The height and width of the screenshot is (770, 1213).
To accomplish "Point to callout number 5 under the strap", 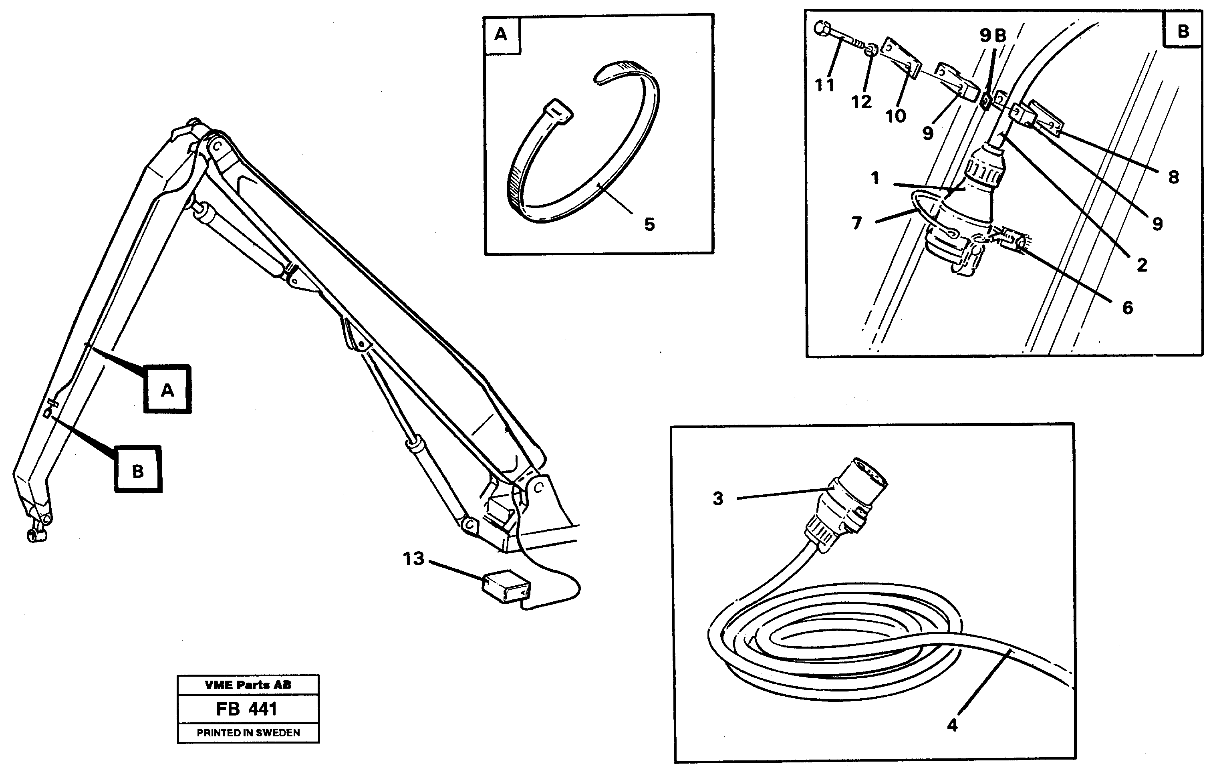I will pos(649,224).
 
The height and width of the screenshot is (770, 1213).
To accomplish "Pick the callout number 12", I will pos(861,102).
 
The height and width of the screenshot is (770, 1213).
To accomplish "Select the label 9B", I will pos(993,35).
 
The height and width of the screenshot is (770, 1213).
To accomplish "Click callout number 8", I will pos(1173,177).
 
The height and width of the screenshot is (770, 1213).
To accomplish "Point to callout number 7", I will pos(856,223).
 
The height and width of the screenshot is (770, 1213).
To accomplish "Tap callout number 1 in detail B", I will pos(875,178).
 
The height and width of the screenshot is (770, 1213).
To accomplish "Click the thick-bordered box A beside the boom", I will pos(167,389).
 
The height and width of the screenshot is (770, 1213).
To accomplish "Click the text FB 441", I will pos(247,709).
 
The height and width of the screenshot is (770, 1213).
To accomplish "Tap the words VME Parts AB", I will pos(248,685).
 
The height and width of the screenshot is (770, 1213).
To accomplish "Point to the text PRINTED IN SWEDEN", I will pos(248,733).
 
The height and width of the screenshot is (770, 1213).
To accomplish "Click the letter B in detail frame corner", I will pos(1183,31).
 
